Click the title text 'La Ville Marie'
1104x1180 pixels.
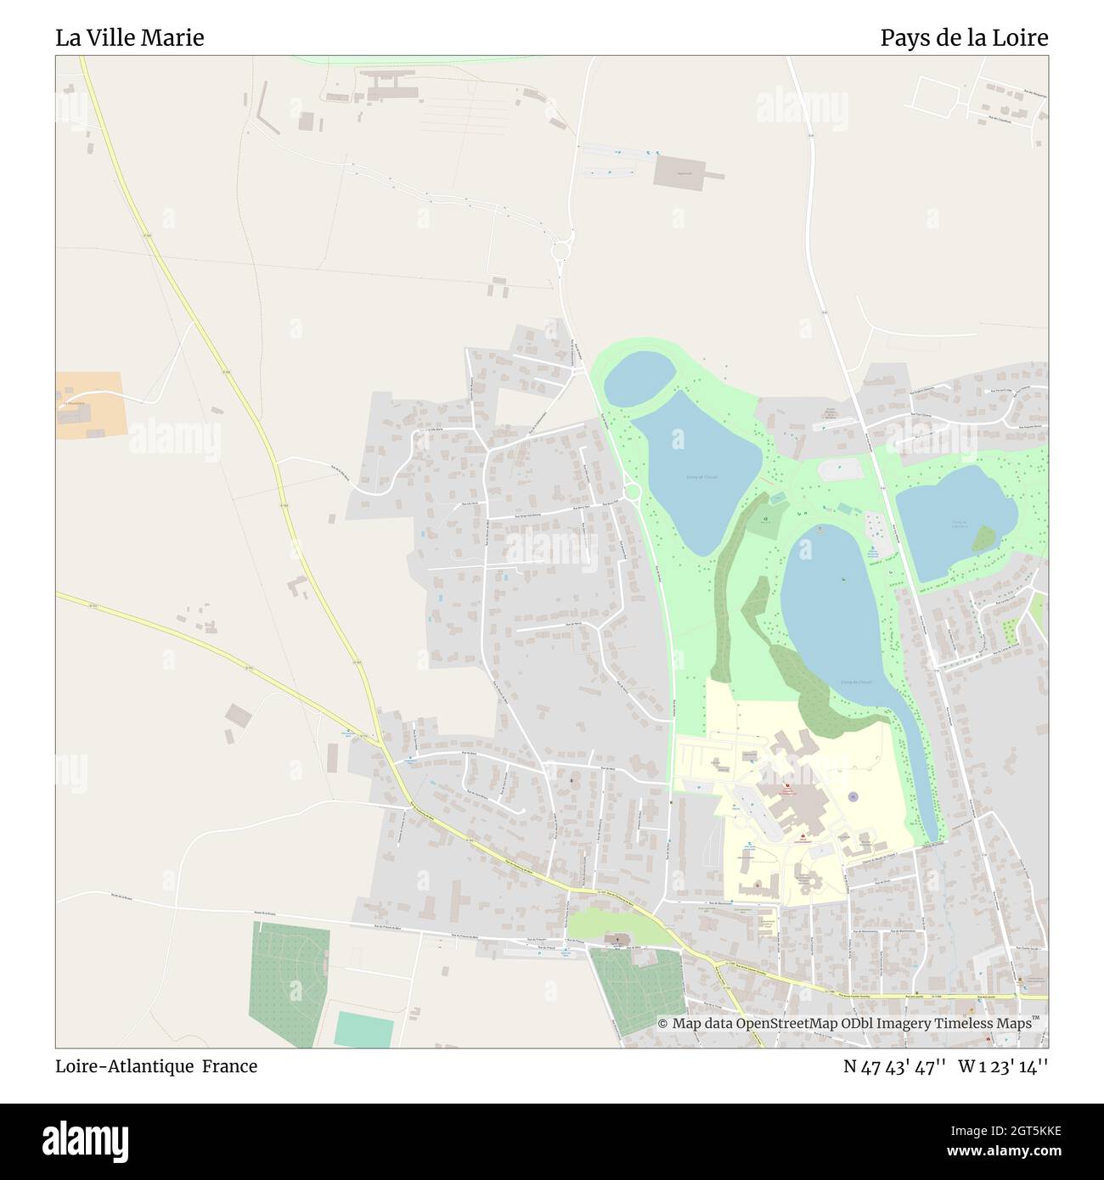(x=130, y=38)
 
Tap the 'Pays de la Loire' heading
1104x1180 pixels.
(x=963, y=38)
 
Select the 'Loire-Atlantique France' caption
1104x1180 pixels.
(x=156, y=1066)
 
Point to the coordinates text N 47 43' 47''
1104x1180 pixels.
(x=894, y=1066)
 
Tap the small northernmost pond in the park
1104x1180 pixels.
(x=640, y=379)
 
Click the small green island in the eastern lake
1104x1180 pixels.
(x=983, y=538)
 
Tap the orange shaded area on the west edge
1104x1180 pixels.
(x=90, y=405)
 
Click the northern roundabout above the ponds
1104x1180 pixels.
(x=560, y=250)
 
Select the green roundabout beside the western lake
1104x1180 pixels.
(x=631, y=492)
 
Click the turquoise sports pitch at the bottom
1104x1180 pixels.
(x=363, y=1029)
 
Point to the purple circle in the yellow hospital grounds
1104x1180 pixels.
(x=853, y=797)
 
